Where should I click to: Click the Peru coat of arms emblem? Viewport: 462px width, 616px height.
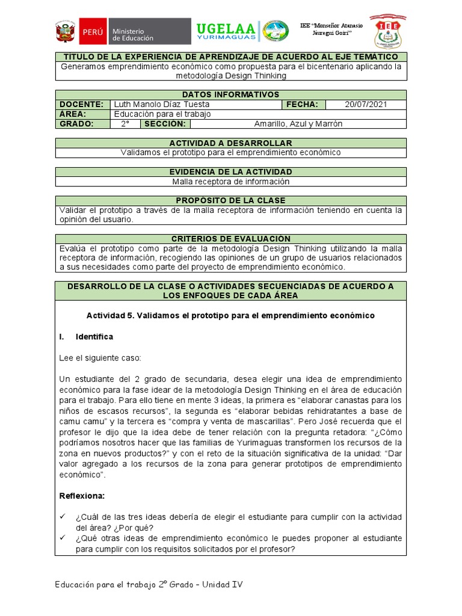pyautogui.click(x=65, y=33)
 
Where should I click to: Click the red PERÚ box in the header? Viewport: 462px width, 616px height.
pyautogui.click(x=92, y=33)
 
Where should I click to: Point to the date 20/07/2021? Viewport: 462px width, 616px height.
pyautogui.click(x=366, y=104)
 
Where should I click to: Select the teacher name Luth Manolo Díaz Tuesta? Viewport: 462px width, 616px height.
pyautogui.click(x=162, y=104)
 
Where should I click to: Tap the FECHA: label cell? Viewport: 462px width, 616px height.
pyautogui.click(x=303, y=104)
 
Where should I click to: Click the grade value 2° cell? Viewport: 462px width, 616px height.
pyautogui.click(x=125, y=124)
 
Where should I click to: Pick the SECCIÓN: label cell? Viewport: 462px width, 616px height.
pyautogui.click(x=165, y=124)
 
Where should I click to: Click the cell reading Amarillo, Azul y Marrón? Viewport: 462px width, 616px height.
pyautogui.click(x=298, y=124)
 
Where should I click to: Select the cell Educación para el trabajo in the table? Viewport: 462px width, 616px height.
pyautogui.click(x=162, y=114)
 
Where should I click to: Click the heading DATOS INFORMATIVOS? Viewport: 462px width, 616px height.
pyautogui.click(x=230, y=94)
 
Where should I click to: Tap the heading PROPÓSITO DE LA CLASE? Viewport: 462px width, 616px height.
pyautogui.click(x=230, y=200)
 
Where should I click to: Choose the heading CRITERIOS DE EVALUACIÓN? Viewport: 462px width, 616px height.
pyautogui.click(x=230, y=239)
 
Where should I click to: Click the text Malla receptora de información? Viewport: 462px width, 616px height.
pyautogui.click(x=230, y=182)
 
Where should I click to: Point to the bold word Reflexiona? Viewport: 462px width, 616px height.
pyautogui.click(x=82, y=496)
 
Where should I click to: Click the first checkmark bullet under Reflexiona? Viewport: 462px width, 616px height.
pyautogui.click(x=63, y=517)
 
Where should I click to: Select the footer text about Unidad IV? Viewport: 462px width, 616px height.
pyautogui.click(x=149, y=584)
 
